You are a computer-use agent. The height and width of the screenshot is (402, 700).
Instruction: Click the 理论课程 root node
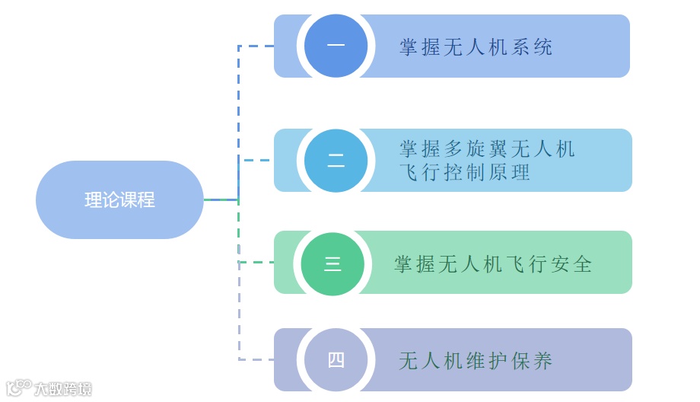[119, 199]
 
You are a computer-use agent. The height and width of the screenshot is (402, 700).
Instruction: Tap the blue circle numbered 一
[336, 45]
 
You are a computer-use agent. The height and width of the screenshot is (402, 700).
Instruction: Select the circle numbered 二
[336, 161]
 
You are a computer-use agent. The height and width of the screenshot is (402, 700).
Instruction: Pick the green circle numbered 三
[332, 263]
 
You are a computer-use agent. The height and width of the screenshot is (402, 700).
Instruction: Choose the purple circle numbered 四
[336, 360]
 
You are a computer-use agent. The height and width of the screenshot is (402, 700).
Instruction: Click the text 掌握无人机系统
[476, 47]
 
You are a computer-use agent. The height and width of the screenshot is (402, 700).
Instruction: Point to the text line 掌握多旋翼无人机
[487, 148]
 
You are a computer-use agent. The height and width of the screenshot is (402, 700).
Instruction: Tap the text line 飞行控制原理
[464, 172]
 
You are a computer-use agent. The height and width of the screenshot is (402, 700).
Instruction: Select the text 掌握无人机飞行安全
[493, 264]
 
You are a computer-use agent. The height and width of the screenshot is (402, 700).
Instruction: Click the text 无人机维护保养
[476, 361]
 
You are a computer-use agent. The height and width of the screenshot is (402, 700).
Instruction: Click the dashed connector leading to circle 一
[256, 46]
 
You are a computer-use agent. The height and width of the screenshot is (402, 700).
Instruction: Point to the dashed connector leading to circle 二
[256, 161]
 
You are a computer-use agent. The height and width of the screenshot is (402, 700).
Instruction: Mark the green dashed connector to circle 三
[256, 263]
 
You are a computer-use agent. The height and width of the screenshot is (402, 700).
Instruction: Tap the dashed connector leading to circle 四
[256, 359]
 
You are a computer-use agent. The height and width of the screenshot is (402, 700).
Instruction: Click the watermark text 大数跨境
[62, 389]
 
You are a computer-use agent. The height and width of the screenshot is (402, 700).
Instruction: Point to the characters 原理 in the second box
[511, 172]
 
